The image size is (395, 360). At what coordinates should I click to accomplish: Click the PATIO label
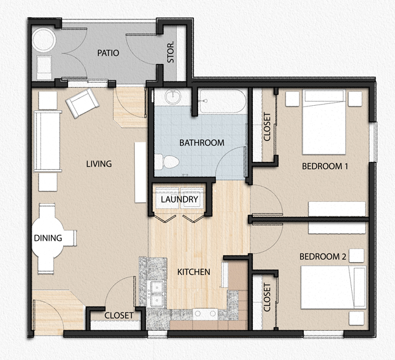coord(108,53)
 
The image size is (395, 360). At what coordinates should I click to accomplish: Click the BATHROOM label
coord(201,143)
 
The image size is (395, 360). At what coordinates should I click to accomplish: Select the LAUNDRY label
coord(179,199)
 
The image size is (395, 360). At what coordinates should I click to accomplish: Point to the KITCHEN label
coord(193,272)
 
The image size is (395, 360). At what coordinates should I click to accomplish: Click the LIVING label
coord(98,164)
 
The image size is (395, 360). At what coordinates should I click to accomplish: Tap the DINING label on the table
coord(47,238)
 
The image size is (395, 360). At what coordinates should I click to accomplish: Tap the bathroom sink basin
coord(173,96)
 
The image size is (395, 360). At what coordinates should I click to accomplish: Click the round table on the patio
coord(44,41)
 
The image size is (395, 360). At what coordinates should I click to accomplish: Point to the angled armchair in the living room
coord(81,103)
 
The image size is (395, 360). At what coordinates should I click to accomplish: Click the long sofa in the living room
coord(47,141)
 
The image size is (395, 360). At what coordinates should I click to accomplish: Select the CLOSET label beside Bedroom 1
coord(267,127)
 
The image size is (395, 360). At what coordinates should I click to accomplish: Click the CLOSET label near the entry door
coord(119,316)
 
